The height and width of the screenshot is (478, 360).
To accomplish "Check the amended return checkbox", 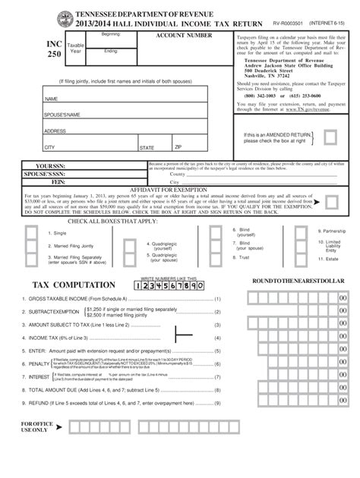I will pos(330,137).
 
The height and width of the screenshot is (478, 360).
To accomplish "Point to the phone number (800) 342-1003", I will pos(254,97).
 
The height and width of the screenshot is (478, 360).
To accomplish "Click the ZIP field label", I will pos(178,146).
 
